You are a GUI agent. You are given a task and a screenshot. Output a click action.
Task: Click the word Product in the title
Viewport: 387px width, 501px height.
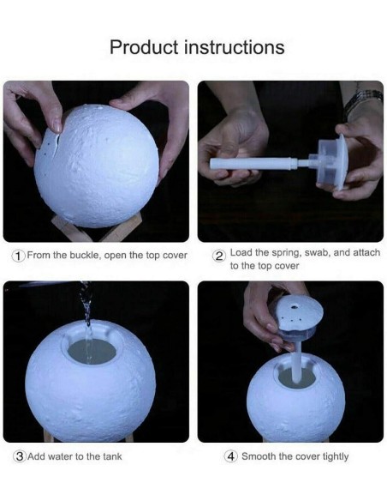pos(144,47)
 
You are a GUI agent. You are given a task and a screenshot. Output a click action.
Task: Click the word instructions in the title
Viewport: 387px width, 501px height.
pos(235,47)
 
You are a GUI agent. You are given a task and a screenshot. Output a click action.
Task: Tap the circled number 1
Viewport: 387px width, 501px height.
pos(19,256)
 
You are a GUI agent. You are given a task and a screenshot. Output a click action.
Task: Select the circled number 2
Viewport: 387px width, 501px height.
pos(219,256)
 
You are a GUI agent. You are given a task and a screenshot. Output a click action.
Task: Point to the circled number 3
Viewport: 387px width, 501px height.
pos(20,456)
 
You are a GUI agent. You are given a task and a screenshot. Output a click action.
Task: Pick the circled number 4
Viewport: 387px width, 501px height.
pos(230,456)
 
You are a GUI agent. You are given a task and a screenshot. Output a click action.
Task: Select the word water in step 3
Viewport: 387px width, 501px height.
pos(60,456)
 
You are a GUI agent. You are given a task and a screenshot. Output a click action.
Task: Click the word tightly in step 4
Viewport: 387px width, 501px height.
pos(336,456)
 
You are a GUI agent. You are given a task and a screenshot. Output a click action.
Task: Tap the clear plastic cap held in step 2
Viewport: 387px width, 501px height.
pos(330,163)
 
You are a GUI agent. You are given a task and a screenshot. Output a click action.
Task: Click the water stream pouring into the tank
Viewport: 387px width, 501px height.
pos(87,323)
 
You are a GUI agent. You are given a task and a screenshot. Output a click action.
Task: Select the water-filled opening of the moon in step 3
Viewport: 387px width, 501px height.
pos(92,351)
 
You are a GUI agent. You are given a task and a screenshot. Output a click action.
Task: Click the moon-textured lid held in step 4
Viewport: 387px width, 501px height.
pos(299,312)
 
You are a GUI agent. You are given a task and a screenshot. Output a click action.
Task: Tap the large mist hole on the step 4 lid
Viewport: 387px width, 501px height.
pos(295,307)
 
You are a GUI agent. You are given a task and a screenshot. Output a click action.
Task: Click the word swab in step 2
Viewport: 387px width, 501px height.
pos(318,253)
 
